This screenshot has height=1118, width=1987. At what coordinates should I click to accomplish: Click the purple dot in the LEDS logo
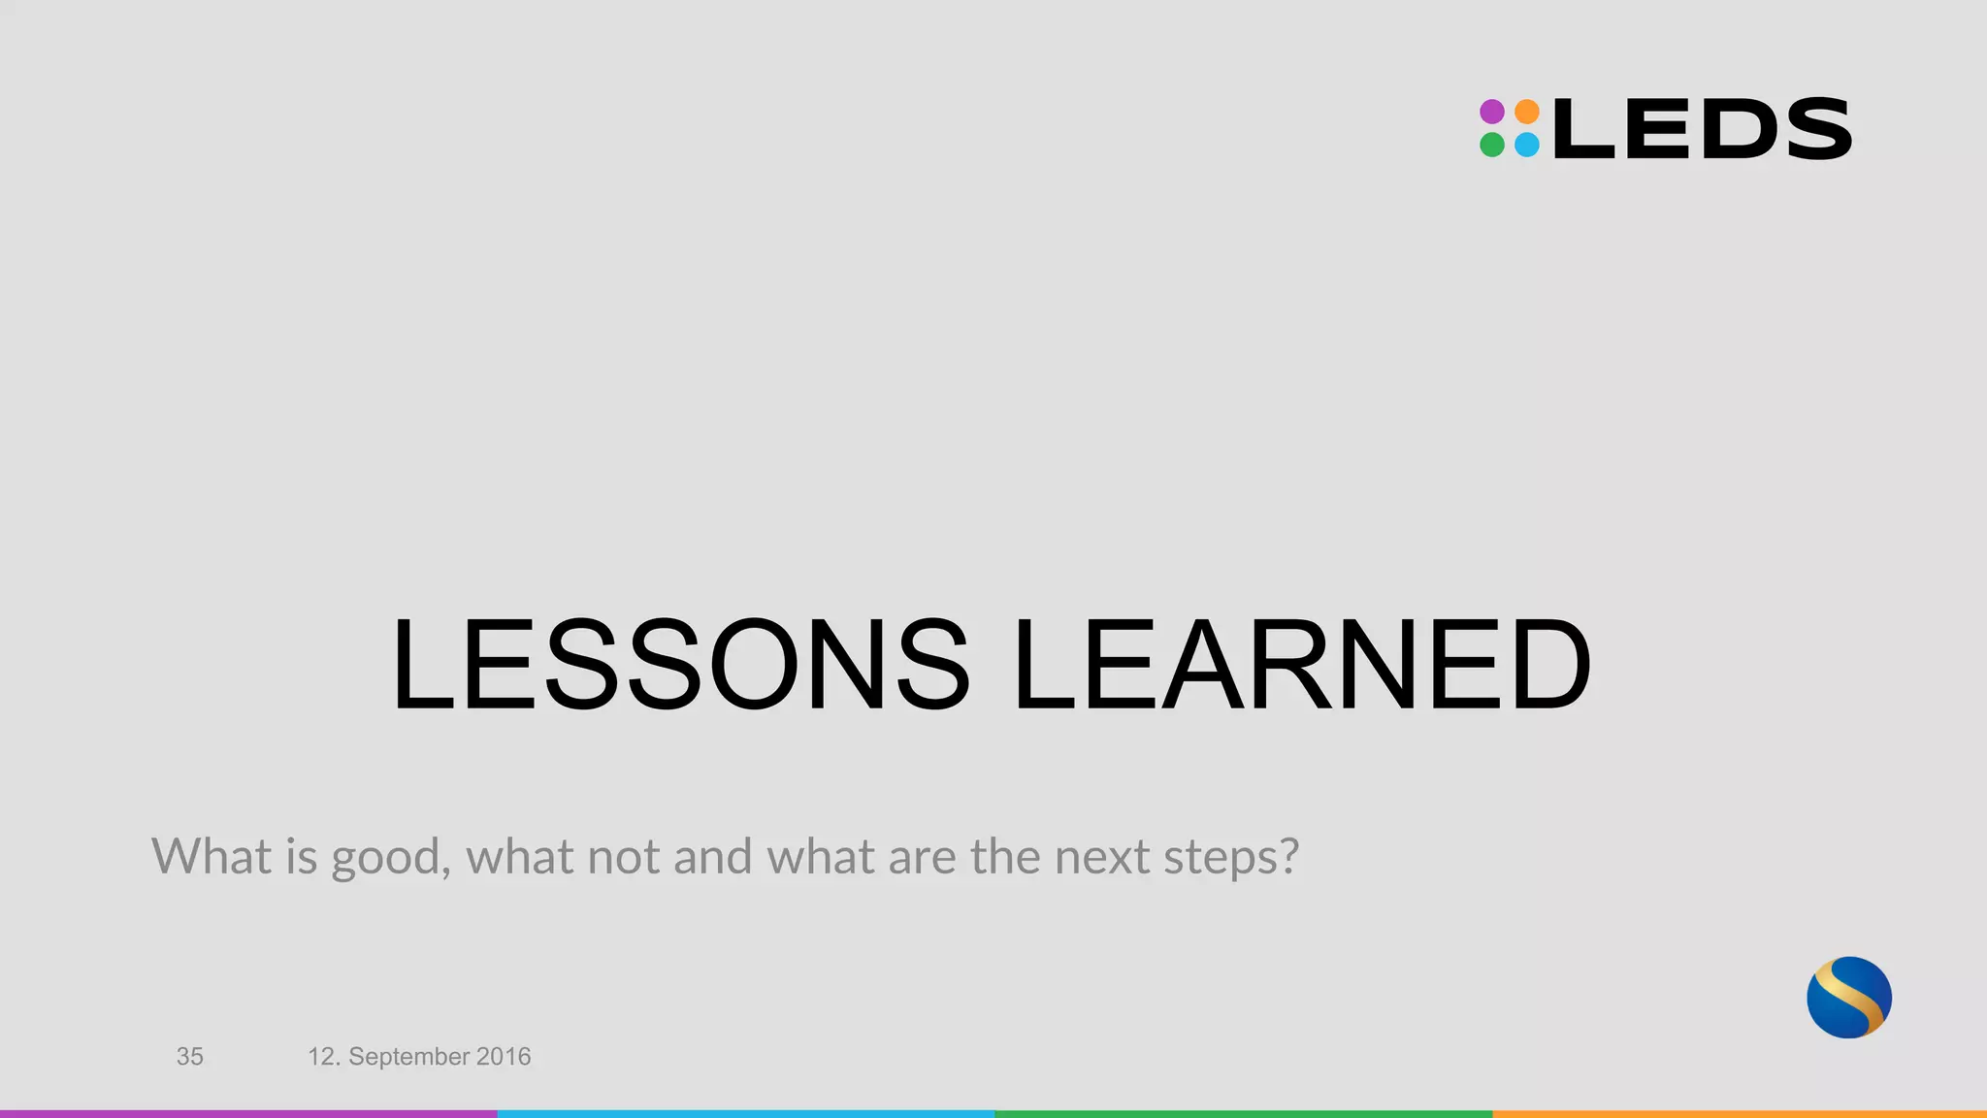click(1492, 112)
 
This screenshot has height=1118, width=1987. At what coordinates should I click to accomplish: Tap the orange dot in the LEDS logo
click(1527, 112)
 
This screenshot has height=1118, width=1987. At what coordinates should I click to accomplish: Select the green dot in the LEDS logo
click(1492, 146)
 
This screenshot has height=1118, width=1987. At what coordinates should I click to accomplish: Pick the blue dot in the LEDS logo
click(1527, 146)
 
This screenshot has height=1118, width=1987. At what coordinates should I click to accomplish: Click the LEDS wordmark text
click(1703, 129)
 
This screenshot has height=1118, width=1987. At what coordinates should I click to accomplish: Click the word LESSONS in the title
click(680, 666)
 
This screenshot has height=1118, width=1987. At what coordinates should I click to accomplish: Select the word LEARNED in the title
click(1301, 666)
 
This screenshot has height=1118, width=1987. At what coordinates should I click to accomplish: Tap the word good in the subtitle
click(385, 858)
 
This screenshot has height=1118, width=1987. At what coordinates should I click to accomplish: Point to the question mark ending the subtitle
click(1287, 855)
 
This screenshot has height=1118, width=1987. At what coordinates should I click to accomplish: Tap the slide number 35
click(190, 1057)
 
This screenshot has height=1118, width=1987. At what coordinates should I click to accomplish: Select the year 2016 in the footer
click(504, 1057)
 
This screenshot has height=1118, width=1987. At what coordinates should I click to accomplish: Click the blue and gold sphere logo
click(1849, 998)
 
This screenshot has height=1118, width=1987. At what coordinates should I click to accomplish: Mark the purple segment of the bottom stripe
click(248, 1114)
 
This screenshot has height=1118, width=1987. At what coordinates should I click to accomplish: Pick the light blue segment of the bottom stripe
click(746, 1114)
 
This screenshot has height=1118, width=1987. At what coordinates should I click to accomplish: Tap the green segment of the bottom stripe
click(1243, 1114)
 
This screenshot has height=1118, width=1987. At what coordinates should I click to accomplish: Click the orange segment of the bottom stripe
click(1740, 1114)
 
